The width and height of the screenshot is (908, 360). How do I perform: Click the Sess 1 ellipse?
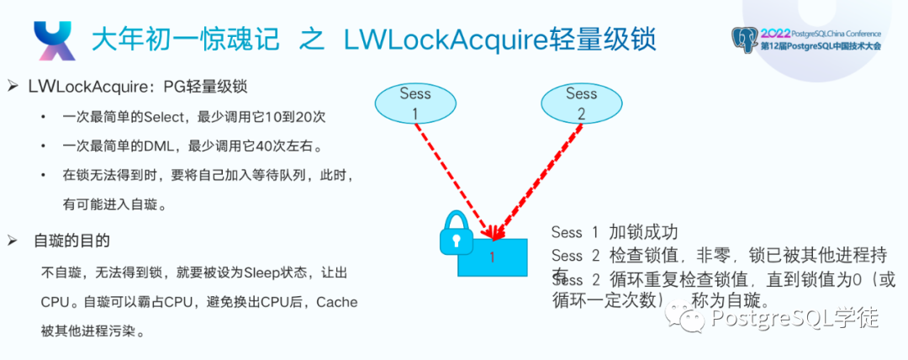(x=414, y=103)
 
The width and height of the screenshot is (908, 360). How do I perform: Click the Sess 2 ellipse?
(x=580, y=103)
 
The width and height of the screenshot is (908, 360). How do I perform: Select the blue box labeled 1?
(x=494, y=257)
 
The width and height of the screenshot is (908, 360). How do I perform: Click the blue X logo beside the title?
(x=53, y=40)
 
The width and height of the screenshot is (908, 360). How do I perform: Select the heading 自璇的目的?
(x=71, y=241)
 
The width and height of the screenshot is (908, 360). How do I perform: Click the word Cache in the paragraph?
(x=336, y=302)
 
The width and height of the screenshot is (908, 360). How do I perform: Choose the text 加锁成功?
(x=643, y=233)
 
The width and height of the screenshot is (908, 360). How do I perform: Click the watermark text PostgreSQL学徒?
(x=794, y=318)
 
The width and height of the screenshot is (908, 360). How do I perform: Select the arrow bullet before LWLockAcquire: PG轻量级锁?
(x=13, y=87)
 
